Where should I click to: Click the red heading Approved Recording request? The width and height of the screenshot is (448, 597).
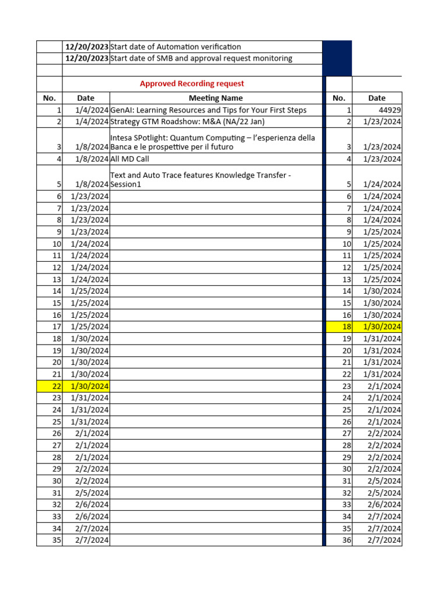click(x=192, y=84)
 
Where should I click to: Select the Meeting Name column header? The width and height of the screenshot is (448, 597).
click(x=215, y=98)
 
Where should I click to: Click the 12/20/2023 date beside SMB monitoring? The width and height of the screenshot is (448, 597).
click(x=86, y=58)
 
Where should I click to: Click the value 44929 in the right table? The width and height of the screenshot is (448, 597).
click(x=388, y=110)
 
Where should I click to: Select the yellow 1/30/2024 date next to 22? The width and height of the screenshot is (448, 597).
click(x=89, y=386)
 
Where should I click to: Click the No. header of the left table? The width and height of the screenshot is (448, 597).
click(x=49, y=98)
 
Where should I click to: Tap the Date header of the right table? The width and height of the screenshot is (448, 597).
click(x=377, y=98)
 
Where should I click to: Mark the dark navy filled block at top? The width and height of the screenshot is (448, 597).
click(x=337, y=58)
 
